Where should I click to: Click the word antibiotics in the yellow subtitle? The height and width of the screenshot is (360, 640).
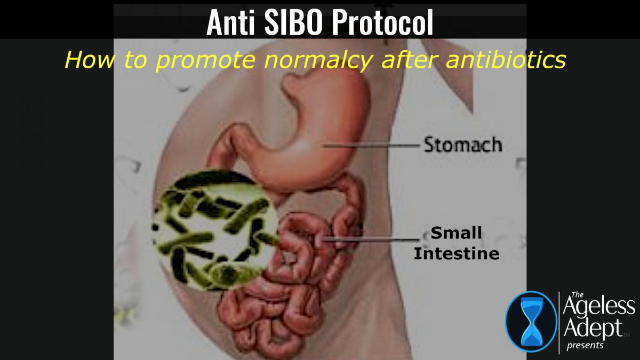[x=507, y=60]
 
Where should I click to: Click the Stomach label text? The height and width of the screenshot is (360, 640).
[x=463, y=144]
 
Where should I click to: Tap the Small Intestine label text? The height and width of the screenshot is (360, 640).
[x=457, y=243]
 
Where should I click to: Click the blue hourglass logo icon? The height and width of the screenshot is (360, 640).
[x=530, y=322]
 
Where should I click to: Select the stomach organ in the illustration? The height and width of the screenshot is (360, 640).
[x=299, y=139]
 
